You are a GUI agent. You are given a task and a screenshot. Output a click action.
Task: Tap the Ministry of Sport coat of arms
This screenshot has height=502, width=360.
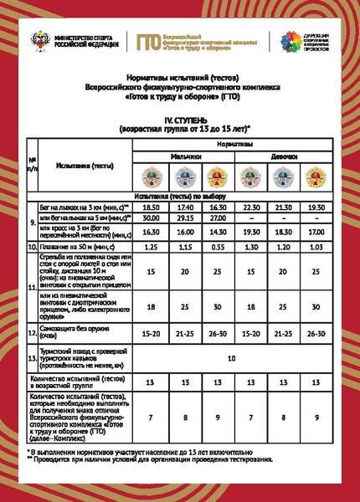[x=38, y=40]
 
